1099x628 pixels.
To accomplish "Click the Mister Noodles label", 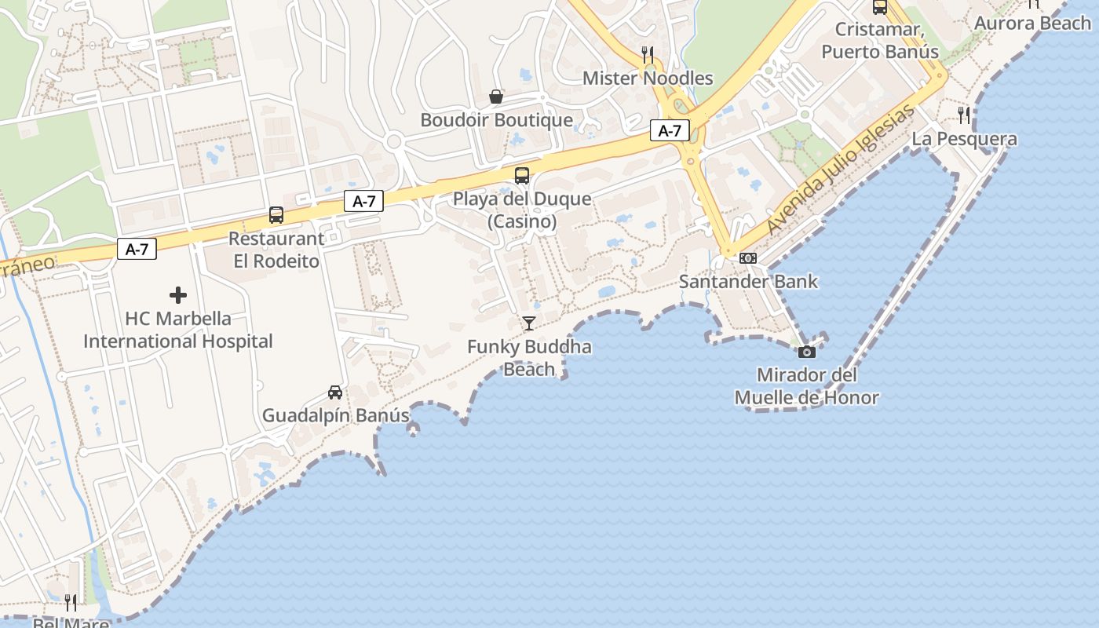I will (x=648, y=78).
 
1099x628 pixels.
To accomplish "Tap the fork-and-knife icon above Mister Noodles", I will (x=648, y=54).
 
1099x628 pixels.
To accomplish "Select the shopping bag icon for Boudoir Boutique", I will (x=496, y=97).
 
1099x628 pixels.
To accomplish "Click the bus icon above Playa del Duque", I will (x=522, y=176).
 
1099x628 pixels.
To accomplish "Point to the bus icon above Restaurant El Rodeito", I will (x=276, y=215).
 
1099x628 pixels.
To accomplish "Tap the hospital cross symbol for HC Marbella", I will (x=178, y=295).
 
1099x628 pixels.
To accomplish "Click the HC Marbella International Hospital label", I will (x=178, y=330).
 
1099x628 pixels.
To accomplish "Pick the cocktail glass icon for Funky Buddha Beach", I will (x=529, y=323).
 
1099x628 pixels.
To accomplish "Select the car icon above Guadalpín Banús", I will (x=335, y=392).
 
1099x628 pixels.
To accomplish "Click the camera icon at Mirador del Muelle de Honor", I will (x=806, y=352).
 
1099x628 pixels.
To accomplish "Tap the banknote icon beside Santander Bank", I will (x=748, y=257).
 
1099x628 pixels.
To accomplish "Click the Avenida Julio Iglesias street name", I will (x=841, y=170).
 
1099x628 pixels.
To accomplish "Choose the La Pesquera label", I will (x=964, y=139).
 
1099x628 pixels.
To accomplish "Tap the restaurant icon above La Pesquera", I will (x=964, y=115).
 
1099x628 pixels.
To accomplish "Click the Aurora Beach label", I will (x=1032, y=23).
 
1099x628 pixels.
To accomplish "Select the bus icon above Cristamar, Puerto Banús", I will (x=880, y=7).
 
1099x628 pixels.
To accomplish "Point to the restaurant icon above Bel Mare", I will (x=71, y=603).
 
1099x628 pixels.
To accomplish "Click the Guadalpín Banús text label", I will (x=335, y=415).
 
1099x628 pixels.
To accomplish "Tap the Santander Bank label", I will (x=748, y=281).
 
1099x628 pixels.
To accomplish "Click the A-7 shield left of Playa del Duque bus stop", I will (x=363, y=202).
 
